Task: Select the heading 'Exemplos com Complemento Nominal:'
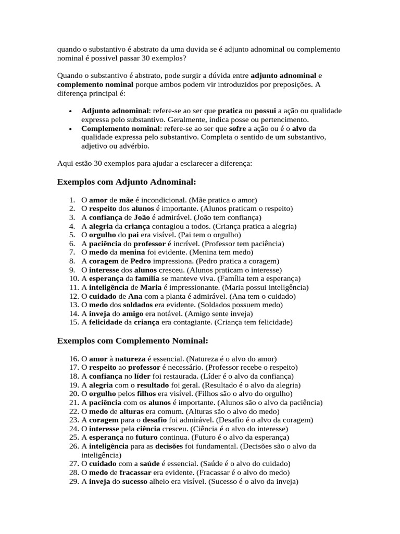[x=132, y=341]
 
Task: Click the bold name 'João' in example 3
[x=142, y=217]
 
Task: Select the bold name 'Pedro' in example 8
[x=141, y=261]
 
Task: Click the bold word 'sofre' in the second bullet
[x=237, y=128]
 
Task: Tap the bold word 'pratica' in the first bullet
[x=230, y=111]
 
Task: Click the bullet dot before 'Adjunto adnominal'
[x=70, y=111]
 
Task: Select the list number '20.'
[x=73, y=394]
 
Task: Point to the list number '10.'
[x=73, y=279]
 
